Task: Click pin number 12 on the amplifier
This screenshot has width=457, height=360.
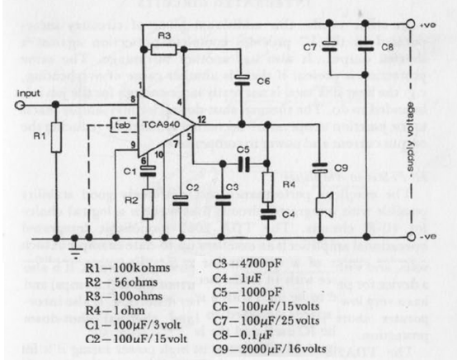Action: pos(200,120)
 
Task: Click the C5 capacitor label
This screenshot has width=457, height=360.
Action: pos(243,149)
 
